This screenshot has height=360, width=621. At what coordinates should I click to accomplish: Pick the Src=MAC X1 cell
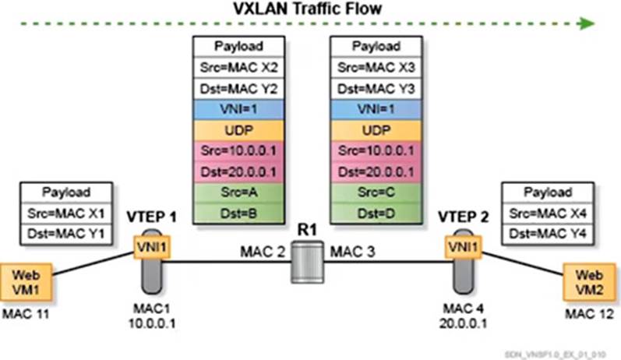[x=65, y=212]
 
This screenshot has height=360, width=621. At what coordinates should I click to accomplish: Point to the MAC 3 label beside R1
[x=354, y=253]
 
